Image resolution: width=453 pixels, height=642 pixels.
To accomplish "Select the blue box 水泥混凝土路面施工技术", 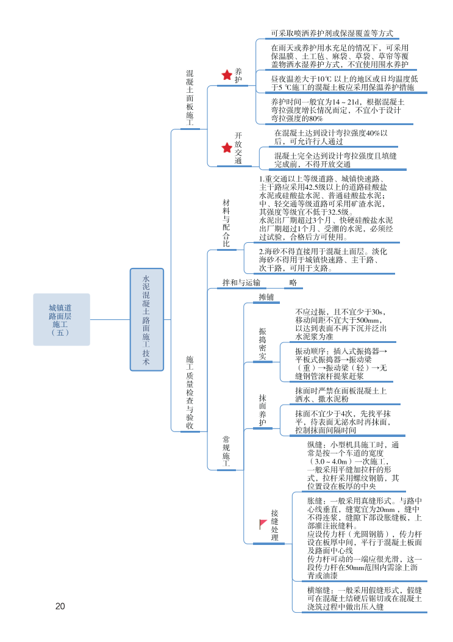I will tap(146, 319).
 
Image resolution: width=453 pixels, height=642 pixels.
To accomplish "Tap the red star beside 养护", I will tap(226, 75).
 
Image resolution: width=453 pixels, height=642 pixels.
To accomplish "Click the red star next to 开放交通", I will tap(226, 148).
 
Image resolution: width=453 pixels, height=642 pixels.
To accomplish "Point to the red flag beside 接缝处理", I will tap(263, 524).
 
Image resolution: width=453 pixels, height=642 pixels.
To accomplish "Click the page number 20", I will tap(60, 606).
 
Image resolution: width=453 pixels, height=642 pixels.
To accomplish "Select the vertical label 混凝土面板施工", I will tap(190, 98).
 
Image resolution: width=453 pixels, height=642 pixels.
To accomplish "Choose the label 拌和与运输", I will tap(241, 283).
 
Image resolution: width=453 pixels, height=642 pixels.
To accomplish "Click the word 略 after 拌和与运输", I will tap(293, 283).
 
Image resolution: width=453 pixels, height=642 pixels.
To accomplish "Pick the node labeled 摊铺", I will tap(266, 297).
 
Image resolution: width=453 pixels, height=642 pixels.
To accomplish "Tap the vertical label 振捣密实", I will tap(263, 343).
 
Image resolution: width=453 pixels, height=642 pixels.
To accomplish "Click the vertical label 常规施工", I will tap(226, 452).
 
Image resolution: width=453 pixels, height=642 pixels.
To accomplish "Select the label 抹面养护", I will tap(263, 409).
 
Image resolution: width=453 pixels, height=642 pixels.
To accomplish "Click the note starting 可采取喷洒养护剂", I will tap(332, 34).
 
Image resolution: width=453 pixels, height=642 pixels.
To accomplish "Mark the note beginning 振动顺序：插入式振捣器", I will tap(341, 364).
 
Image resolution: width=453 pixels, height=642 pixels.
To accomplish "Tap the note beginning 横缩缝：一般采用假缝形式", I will tap(365, 598).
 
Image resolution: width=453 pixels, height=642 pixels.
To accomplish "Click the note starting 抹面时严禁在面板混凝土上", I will tap(341, 395).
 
